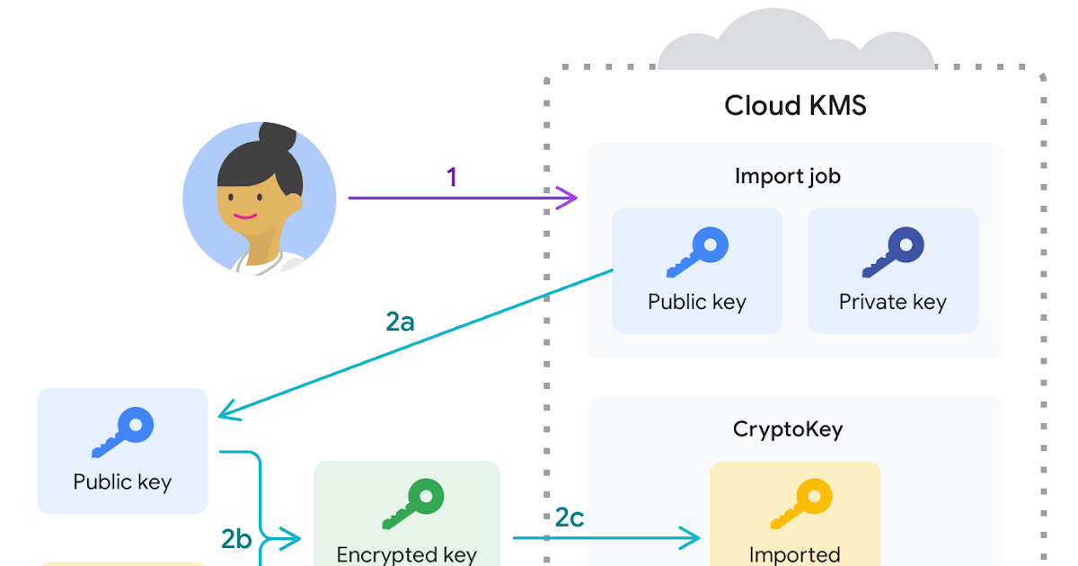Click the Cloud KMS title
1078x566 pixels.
coord(795,106)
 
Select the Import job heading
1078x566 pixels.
coord(787,176)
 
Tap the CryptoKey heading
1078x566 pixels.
coord(788,429)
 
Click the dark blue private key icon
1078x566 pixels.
coord(893,252)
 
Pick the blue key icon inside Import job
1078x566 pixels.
coord(697,252)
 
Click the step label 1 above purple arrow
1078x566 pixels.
coord(452,177)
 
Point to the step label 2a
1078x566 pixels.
coord(400,321)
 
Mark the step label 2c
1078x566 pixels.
coord(569,517)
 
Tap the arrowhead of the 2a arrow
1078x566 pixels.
coord(228,412)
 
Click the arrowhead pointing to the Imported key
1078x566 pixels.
coord(692,538)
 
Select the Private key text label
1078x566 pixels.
coord(892,302)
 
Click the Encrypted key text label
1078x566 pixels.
coord(406,554)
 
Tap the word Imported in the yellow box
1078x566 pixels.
coord(794,554)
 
